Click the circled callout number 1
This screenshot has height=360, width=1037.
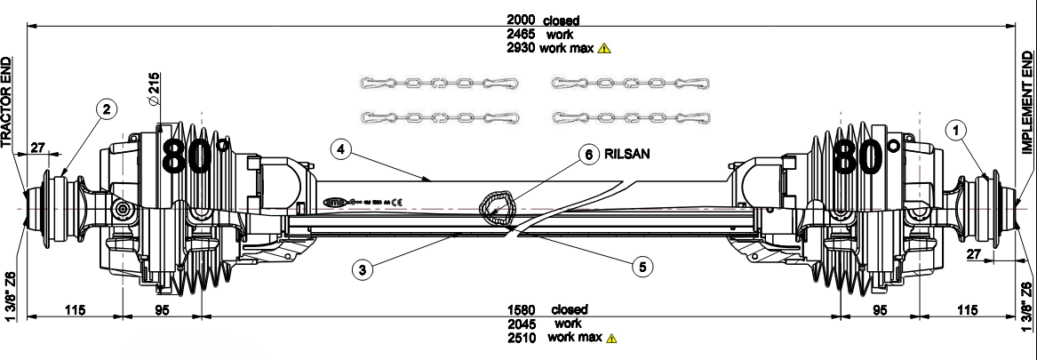[x=956, y=131]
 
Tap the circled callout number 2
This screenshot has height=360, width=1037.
[x=106, y=109]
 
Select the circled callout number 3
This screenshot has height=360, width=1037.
[x=360, y=270]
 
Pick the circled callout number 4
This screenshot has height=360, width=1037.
[x=339, y=149]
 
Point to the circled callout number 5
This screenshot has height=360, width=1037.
[x=642, y=265]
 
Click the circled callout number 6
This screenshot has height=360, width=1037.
[x=587, y=155]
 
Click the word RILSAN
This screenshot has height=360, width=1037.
[x=627, y=154]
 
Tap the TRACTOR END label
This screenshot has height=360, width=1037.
[x=7, y=102]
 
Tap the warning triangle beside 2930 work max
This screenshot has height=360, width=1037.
[x=604, y=48]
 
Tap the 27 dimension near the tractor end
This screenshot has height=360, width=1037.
[x=39, y=148]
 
